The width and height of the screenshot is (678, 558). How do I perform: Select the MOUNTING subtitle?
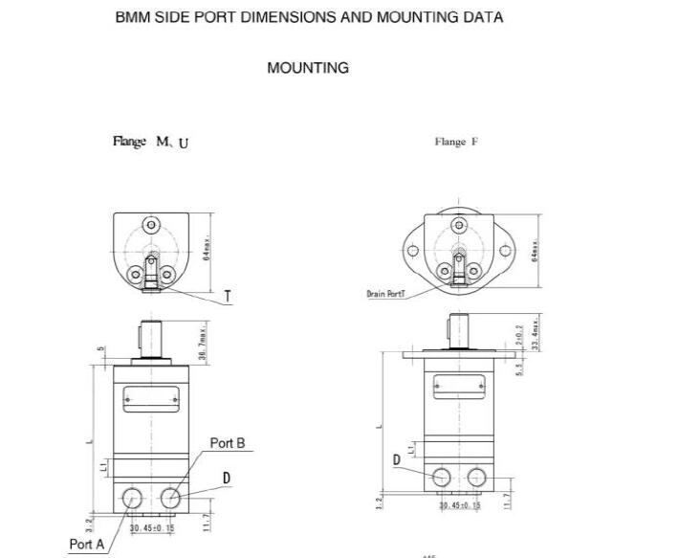[308, 68]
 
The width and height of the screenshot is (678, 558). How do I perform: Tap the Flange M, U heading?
[151, 143]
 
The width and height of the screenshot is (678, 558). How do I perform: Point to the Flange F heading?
[456, 143]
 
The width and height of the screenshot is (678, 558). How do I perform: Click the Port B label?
[228, 443]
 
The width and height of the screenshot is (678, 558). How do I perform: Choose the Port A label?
[86, 544]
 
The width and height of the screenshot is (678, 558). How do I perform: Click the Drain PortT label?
[387, 295]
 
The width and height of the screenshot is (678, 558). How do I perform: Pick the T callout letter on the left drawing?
[228, 297]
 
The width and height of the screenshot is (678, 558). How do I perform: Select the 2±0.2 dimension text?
[520, 335]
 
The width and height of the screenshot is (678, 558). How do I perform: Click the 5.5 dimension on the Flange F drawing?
[519, 367]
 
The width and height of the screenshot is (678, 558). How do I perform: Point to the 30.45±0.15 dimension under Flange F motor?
[460, 505]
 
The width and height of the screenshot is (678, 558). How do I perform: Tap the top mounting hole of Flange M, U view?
[150, 226]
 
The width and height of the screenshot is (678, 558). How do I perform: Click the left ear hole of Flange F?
[412, 252]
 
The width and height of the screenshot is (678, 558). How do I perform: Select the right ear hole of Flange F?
[508, 252]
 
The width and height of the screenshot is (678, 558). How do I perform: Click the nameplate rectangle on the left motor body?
[150, 393]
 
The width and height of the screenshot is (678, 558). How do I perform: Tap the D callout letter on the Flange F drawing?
[396, 460]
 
